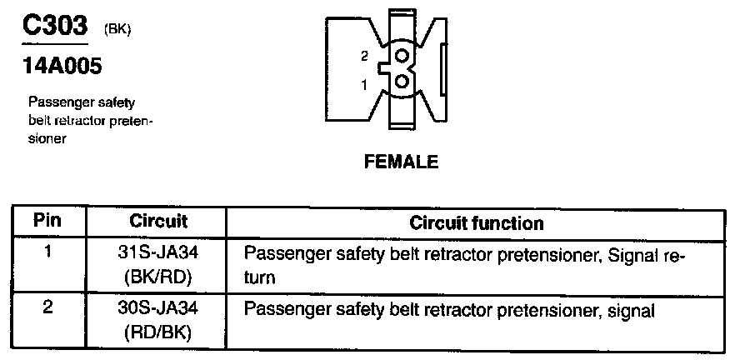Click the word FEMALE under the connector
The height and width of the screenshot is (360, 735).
coord(401,162)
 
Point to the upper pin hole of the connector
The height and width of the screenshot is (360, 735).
coord(402,57)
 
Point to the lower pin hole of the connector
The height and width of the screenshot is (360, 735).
coord(402,82)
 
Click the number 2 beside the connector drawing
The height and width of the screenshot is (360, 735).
coord(364,56)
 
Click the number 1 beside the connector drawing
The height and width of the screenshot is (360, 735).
coord(364,84)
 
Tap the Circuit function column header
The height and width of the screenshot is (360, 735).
coord(477,223)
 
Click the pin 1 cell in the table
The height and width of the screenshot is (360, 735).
coord(48,250)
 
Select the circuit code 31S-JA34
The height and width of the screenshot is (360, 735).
coord(158,251)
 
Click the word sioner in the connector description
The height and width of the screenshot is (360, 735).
coord(47,138)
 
